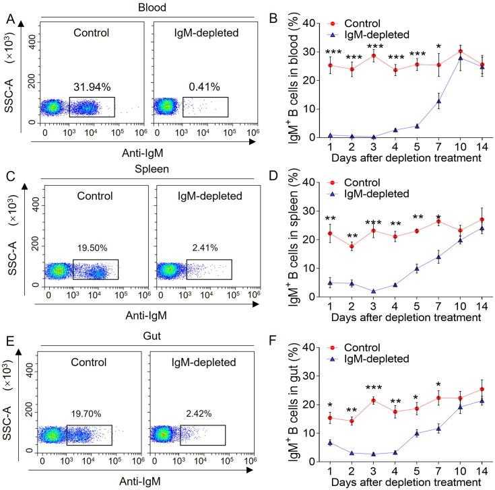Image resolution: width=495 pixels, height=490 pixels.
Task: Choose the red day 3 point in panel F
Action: point(372,400)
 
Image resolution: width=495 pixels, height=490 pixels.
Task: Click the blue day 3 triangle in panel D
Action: point(372,291)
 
